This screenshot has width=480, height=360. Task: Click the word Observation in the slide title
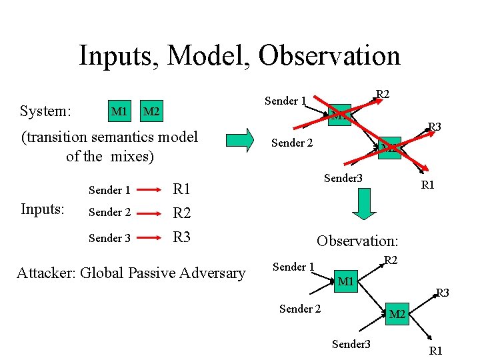329,55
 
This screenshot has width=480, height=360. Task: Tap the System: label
46,110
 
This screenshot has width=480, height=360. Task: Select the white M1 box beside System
119,110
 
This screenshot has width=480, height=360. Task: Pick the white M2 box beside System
152,110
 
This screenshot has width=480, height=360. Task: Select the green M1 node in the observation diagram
345,282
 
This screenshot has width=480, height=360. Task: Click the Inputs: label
43,209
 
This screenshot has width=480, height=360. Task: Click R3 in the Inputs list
182,237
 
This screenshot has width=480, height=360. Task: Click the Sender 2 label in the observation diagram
300,309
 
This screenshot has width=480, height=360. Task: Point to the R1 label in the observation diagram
436,351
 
